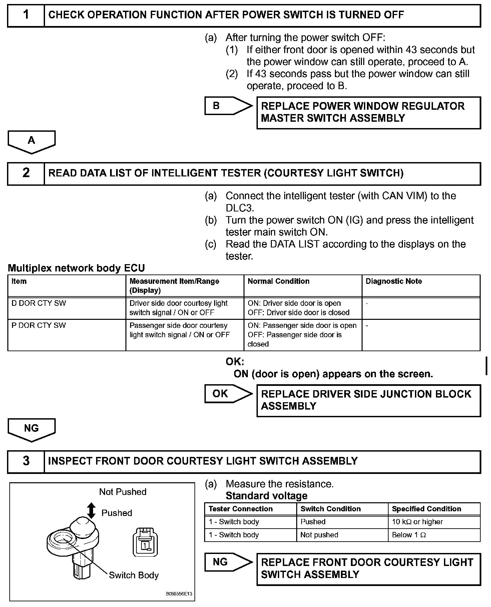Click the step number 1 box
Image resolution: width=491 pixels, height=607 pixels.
26,15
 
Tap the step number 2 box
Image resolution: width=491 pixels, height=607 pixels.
26,173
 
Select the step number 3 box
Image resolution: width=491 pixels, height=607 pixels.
26,462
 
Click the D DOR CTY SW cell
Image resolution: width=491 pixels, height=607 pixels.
39,303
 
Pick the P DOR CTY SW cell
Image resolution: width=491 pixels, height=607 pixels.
39,326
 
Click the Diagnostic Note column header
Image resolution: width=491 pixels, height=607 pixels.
394,281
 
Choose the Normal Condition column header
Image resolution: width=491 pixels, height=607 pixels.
279,281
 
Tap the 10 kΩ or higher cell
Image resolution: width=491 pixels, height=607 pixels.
417,522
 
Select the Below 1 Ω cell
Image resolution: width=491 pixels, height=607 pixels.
409,535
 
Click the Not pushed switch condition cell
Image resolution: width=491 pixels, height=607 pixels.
319,535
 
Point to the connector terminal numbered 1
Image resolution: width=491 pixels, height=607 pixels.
145,545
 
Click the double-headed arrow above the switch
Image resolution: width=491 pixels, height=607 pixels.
91,511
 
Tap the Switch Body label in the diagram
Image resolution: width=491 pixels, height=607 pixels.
134,575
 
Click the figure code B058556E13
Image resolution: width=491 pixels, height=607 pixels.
179,594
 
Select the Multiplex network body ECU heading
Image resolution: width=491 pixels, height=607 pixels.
76,268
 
